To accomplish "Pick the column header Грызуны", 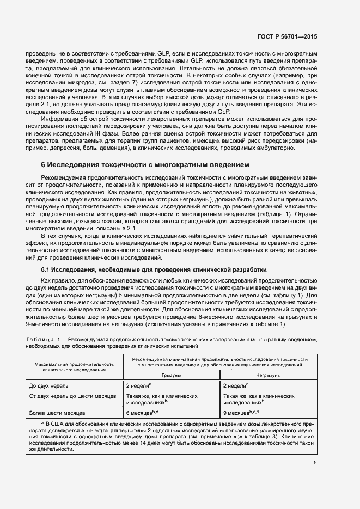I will pos(171,375).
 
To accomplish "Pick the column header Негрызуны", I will pos(269,375).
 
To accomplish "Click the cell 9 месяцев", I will pos(240,413).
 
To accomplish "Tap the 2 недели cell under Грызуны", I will pos(138,385).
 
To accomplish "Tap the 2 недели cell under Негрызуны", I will pos(236,385).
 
